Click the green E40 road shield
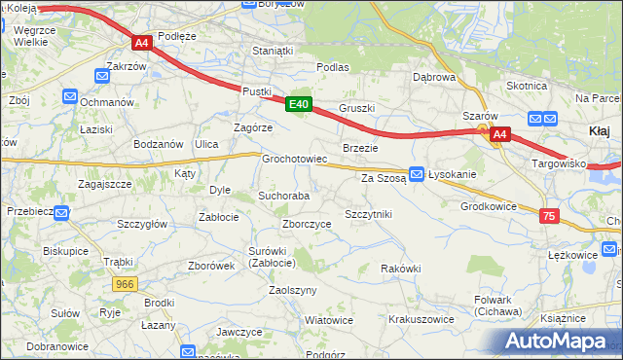[x=299, y=104]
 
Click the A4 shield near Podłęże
[x=141, y=43]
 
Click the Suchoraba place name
[x=283, y=196]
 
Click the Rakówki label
[x=400, y=268]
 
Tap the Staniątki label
[x=272, y=50]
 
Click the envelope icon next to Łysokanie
[x=417, y=174]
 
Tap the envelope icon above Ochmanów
[x=70, y=95]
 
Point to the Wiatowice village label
[x=328, y=320]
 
